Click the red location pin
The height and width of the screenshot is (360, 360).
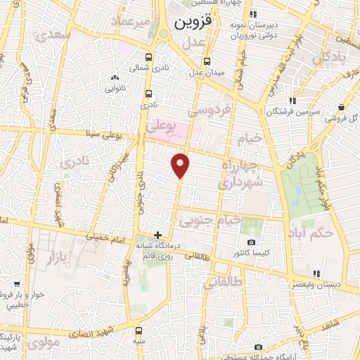(x=181, y=165)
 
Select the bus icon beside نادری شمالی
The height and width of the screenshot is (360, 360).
(x=148, y=58)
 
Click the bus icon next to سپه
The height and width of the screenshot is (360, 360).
(x=139, y=330)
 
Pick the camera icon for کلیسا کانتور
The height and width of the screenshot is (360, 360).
(x=252, y=243)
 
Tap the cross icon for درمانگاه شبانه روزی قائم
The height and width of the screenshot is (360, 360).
(x=157, y=235)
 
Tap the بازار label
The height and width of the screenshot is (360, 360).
(x=61, y=259)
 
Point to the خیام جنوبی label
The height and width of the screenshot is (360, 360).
(x=210, y=221)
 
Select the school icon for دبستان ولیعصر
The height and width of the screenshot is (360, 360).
(x=316, y=274)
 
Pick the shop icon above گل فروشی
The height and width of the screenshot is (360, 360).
(x=341, y=107)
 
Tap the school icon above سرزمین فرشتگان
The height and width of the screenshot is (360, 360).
(x=291, y=101)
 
